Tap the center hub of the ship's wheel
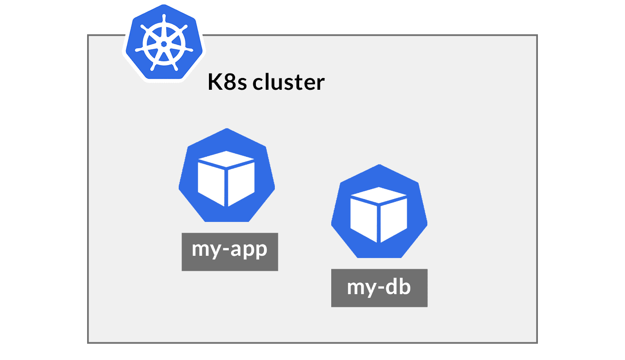tap(163, 44)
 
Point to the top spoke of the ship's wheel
tap(163, 27)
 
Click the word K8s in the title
tap(227, 83)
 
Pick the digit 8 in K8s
tap(230, 83)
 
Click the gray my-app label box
tap(230, 252)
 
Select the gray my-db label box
tap(379, 288)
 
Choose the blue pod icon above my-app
tap(227, 176)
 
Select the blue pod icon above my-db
tap(379, 212)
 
